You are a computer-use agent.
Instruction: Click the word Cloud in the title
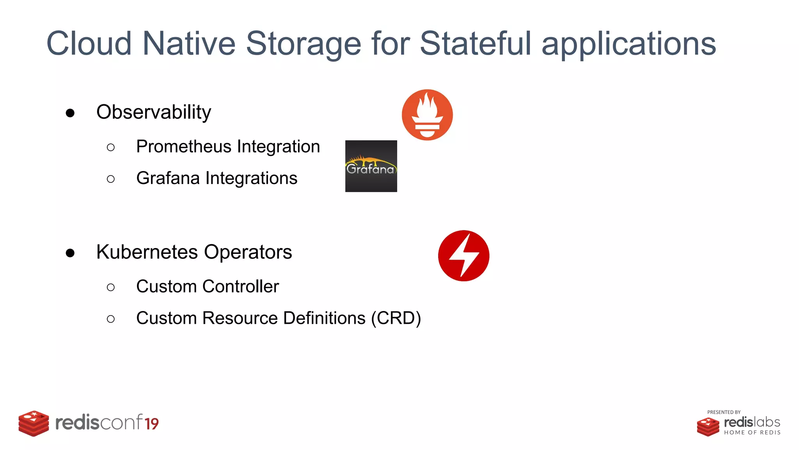pos(89,43)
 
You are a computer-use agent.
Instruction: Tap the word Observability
pos(154,112)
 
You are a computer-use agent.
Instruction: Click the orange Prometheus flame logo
pos(427,115)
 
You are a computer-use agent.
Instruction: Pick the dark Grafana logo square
pos(371,166)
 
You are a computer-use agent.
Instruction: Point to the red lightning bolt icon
pos(463,256)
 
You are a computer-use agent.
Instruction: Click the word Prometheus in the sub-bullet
pos(184,147)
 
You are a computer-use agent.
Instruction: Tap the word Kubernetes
pos(147,252)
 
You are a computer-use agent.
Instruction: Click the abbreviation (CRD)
pos(396,318)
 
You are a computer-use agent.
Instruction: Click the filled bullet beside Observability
pos(70,113)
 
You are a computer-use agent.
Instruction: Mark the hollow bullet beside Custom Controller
pos(111,287)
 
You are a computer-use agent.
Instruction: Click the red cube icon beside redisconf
pos(34,423)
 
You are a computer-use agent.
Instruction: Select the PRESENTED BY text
pos(724,412)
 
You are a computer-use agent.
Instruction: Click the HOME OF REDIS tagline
pos(752,432)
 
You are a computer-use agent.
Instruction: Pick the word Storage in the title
pos(304,43)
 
